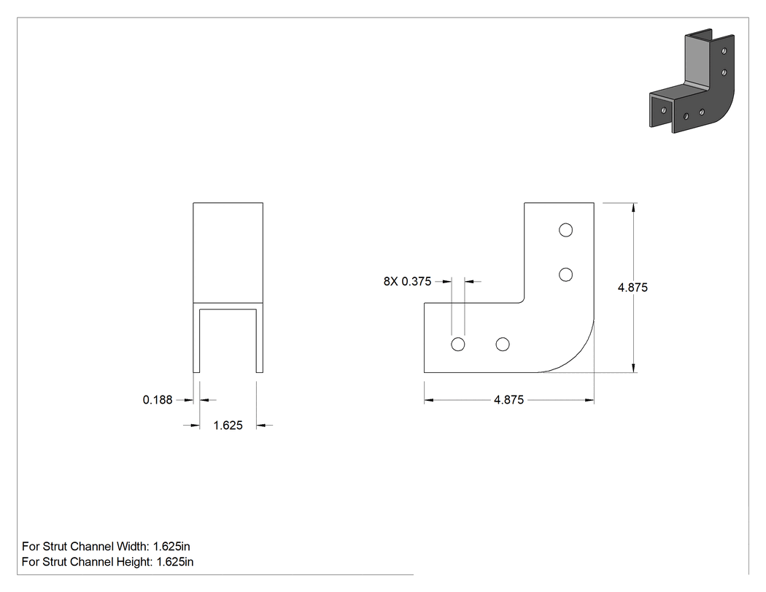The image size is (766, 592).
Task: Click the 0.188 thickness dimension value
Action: pos(158,400)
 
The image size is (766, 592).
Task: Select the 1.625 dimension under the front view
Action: pos(228,426)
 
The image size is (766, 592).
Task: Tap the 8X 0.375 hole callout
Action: pos(407,282)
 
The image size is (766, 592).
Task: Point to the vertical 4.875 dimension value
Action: pos(632,288)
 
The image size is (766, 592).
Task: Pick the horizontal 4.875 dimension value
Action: pos(508,400)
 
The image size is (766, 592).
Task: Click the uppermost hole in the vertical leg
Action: pos(565,230)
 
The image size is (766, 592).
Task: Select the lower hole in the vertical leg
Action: pos(565,274)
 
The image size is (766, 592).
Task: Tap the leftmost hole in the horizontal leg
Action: pos(457,345)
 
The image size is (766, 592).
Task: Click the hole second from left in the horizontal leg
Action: pos(502,345)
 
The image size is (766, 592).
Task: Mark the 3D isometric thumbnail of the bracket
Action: pos(692,81)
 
